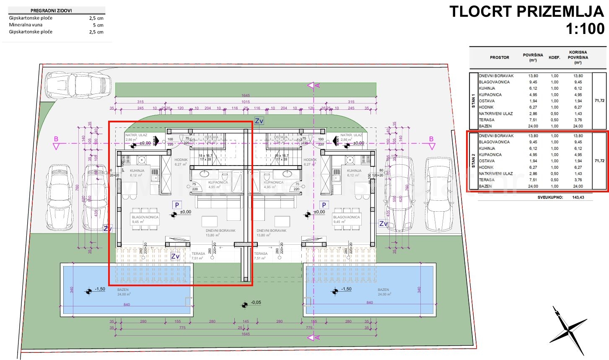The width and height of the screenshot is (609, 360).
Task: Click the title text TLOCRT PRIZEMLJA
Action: coord(526,12)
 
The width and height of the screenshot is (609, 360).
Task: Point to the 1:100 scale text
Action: coord(585,29)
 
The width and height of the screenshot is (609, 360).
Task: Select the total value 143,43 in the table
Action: coord(578,197)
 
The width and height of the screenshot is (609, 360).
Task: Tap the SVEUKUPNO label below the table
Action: coord(550,197)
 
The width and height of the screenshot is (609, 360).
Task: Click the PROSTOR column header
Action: coord(499,57)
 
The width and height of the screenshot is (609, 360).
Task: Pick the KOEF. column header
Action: coord(555,57)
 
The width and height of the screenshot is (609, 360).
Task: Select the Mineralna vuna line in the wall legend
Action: coord(26,25)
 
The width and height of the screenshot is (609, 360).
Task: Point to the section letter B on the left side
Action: coord(56,139)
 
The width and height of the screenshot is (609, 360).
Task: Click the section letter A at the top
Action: coord(317,85)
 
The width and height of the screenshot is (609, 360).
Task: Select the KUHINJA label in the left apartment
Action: coord(137,171)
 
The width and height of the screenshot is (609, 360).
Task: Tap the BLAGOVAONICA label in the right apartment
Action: coord(346,217)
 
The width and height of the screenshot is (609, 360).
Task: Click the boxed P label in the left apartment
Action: coord(177,205)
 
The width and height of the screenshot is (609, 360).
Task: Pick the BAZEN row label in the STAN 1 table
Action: coord(485,126)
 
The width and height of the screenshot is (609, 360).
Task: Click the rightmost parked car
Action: coord(440,194)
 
